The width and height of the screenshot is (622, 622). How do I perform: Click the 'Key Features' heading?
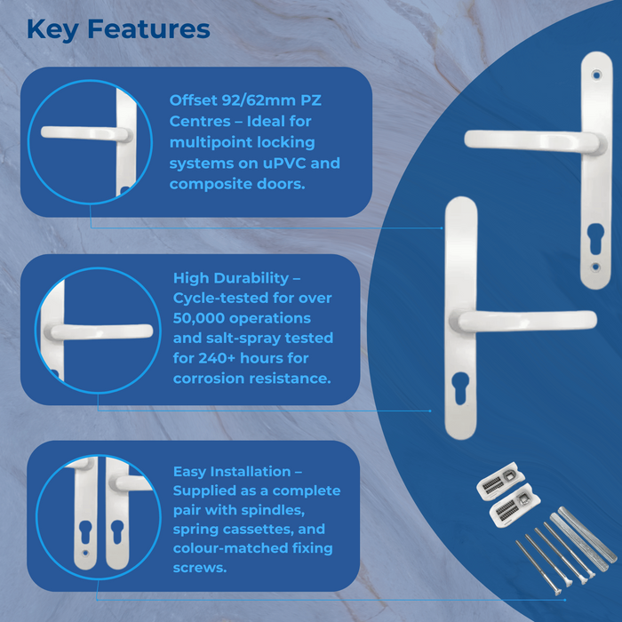(x=118, y=28)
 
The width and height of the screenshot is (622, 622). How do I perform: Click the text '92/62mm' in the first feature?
(x=247, y=100)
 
